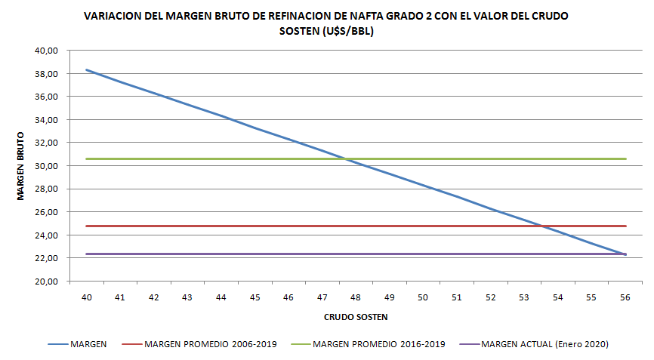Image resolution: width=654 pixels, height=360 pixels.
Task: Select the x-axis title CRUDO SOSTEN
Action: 356,316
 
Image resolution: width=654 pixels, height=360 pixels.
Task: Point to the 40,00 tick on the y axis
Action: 47,51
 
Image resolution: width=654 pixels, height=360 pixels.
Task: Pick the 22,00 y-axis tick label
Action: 47,258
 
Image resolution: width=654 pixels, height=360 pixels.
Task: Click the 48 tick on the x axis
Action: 356,298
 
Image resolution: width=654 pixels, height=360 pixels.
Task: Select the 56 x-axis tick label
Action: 625,298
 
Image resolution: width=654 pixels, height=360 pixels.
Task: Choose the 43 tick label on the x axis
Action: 187,298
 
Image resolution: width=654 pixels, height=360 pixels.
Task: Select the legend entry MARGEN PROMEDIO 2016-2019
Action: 378,344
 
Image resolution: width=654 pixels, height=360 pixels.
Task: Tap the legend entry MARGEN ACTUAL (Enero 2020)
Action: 544,344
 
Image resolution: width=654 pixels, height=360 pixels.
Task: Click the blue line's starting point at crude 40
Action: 87,70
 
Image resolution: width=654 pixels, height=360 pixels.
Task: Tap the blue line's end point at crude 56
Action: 625,254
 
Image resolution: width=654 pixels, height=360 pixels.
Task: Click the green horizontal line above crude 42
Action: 154,158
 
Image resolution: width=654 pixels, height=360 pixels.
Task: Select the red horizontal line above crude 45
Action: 255,226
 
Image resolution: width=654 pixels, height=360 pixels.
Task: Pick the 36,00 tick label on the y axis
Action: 47,97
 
